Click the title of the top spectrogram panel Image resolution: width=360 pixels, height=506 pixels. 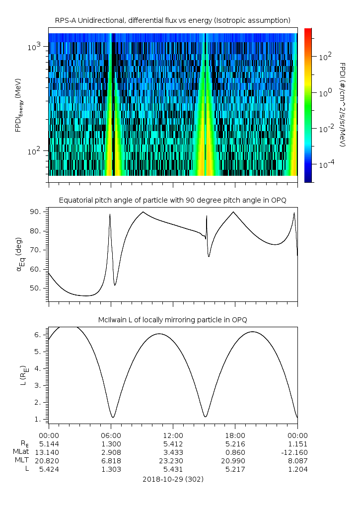[172, 20]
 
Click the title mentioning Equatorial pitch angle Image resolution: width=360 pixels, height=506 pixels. [172, 200]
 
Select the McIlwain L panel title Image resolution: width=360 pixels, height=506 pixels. [172, 319]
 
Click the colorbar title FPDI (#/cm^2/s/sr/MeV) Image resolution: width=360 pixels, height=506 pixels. [342, 105]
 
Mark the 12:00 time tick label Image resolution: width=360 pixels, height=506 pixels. [172, 435]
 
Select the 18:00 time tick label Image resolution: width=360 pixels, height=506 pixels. [234, 435]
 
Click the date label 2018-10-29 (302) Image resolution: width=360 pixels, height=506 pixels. [172, 480]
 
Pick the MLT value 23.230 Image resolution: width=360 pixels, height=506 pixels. [172, 461]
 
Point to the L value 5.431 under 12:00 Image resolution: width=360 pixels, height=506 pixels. [172, 469]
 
